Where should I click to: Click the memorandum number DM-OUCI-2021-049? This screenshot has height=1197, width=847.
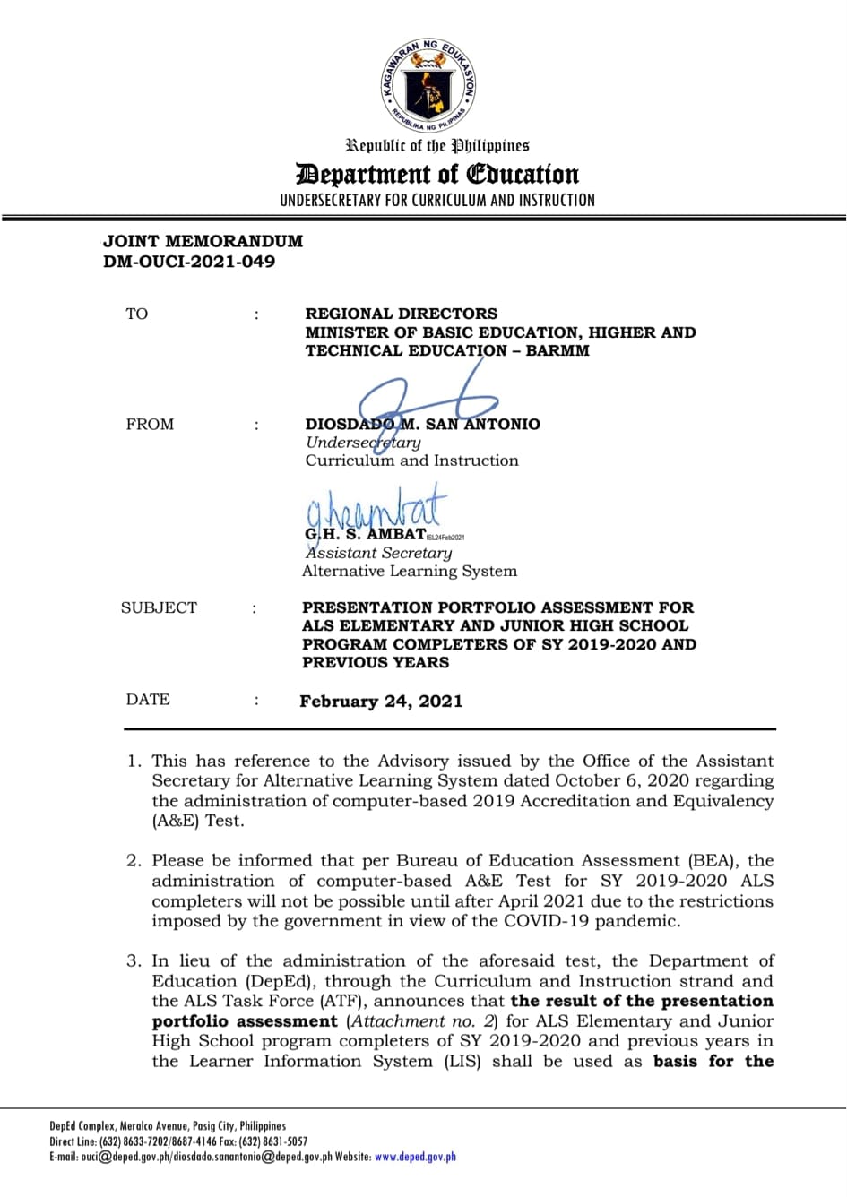(189, 262)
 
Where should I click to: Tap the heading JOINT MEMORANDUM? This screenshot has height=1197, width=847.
(203, 241)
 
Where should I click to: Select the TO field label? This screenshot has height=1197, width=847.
(137, 314)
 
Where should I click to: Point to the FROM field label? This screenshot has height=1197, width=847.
(150, 424)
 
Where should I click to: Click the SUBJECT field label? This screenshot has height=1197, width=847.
(159, 607)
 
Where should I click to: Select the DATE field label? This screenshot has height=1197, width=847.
(148, 700)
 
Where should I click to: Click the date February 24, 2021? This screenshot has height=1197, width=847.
(381, 702)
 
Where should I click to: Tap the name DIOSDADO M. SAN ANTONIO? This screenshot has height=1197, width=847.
(422, 424)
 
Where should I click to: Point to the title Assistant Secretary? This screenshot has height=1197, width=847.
(378, 553)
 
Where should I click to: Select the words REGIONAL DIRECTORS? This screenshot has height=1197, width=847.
(401, 314)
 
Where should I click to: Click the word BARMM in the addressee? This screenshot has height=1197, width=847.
(557, 350)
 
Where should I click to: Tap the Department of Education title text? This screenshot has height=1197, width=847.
(437, 174)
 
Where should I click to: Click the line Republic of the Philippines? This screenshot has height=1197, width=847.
(437, 145)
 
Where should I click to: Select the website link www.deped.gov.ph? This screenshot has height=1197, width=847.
(415, 1157)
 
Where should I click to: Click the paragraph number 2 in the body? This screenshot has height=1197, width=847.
(134, 861)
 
